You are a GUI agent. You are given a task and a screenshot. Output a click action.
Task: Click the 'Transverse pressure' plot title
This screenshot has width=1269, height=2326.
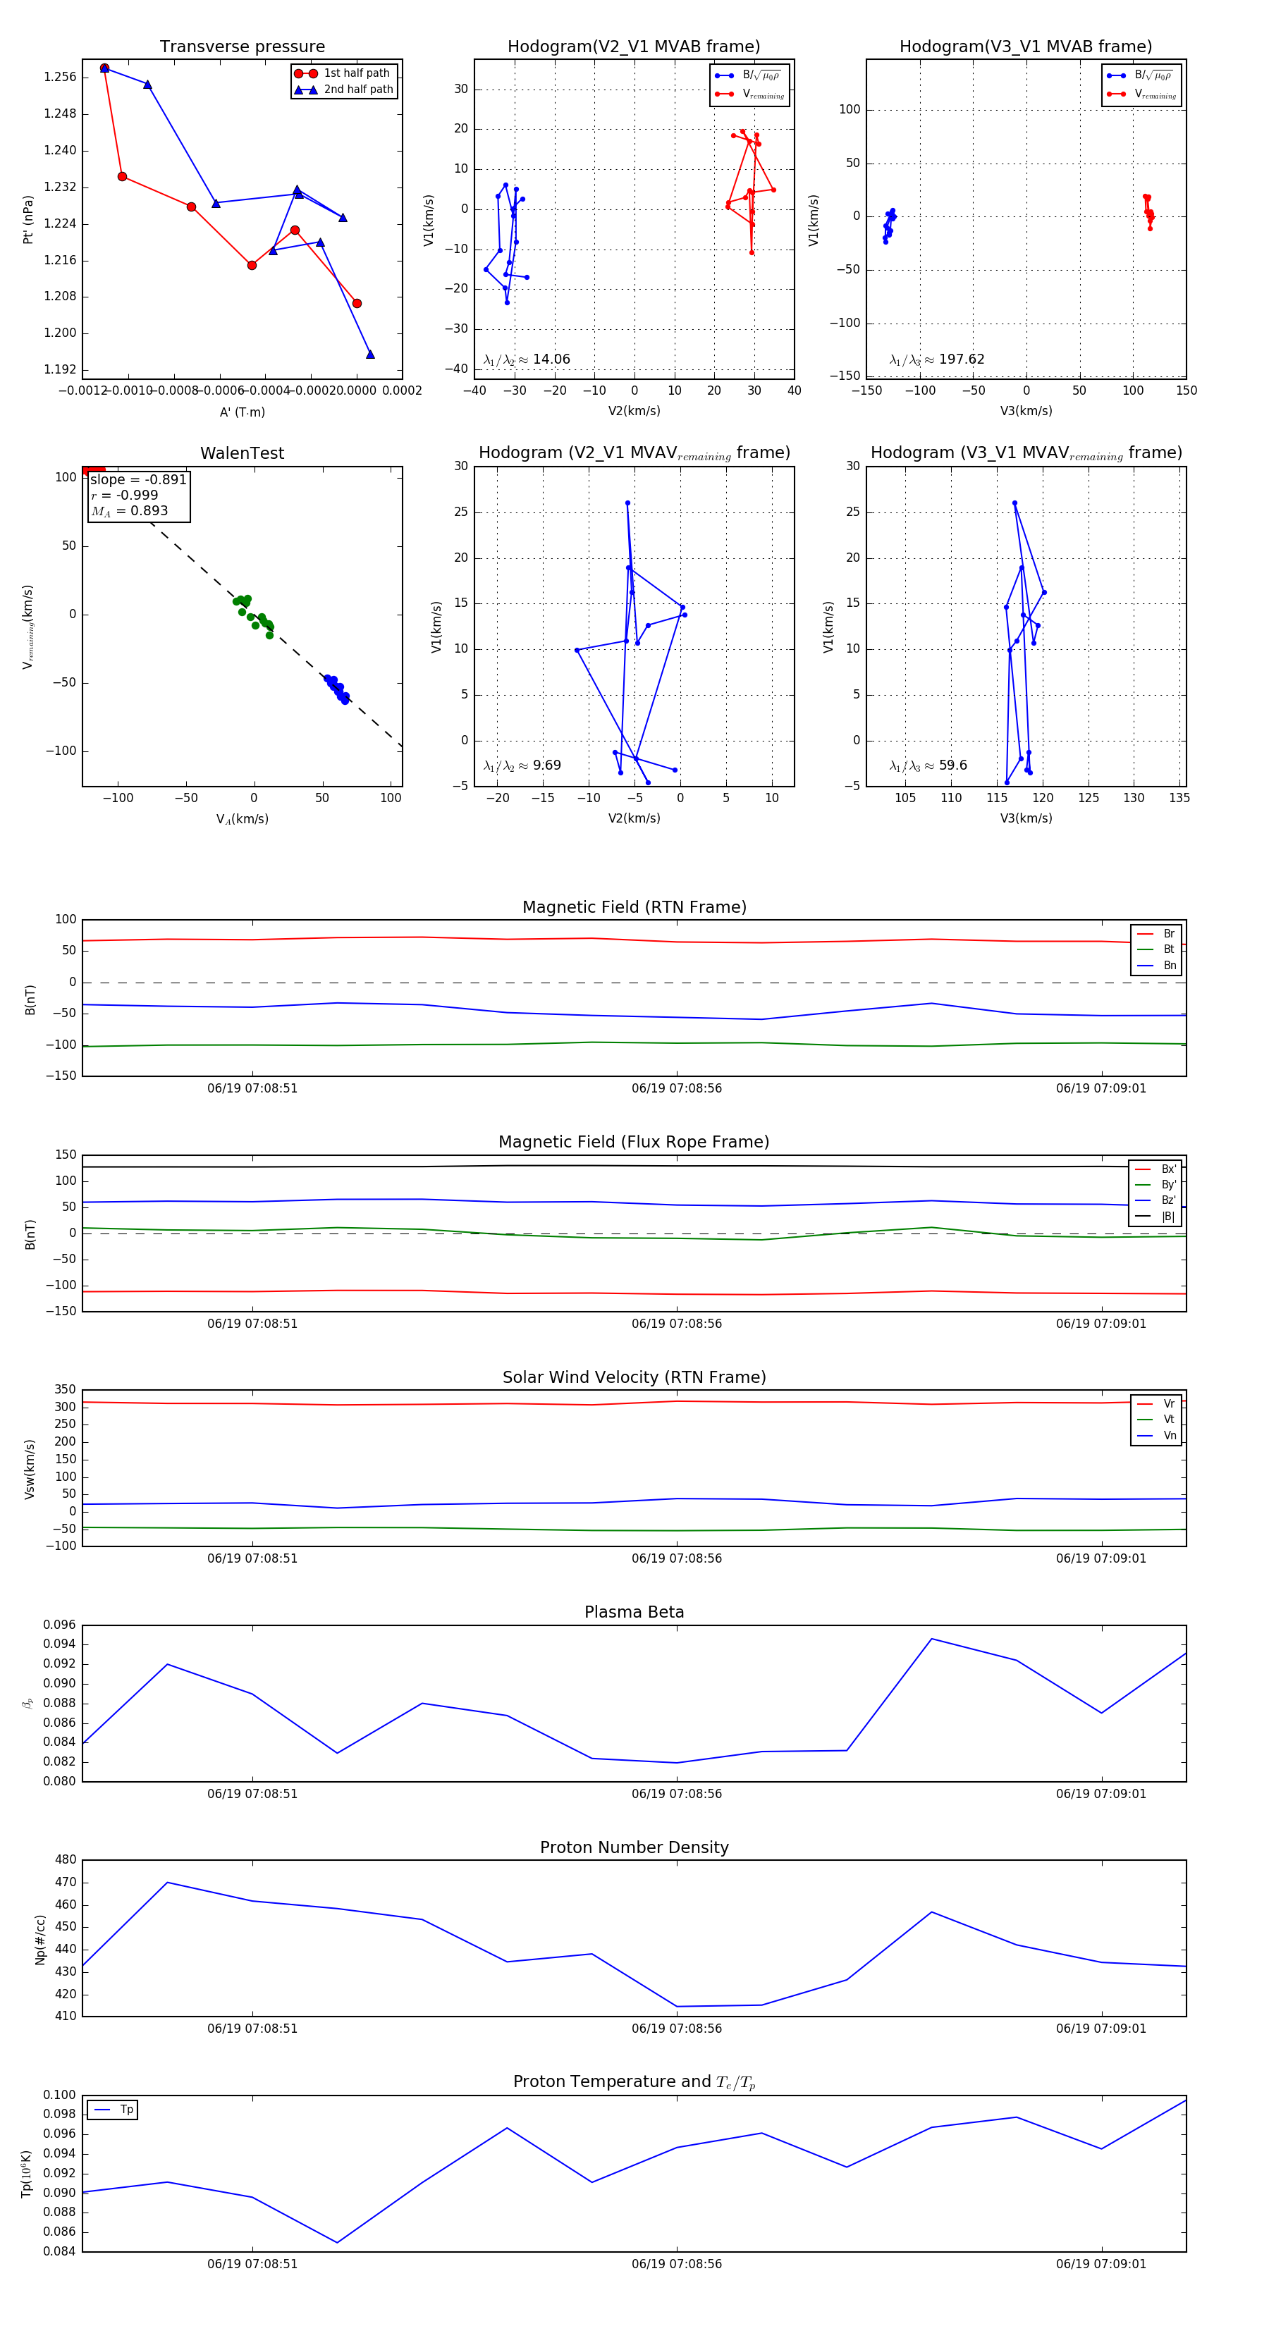pos(242,47)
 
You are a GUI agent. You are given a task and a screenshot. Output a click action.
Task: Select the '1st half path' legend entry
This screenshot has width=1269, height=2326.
pos(356,73)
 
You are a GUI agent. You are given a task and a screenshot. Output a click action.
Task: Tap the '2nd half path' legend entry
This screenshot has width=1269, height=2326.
pos(357,90)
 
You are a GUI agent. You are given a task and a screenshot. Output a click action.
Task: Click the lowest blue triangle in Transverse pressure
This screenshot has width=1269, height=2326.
pos(370,354)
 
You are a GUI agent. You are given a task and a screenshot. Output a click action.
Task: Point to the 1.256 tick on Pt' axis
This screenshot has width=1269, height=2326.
pos(61,78)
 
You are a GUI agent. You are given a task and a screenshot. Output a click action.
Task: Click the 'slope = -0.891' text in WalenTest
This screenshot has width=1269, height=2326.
pos(138,479)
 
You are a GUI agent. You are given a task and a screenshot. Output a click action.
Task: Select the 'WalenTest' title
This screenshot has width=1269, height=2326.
pos(242,453)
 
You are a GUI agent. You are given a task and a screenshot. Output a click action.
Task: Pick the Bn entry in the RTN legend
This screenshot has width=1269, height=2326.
pos(1169,965)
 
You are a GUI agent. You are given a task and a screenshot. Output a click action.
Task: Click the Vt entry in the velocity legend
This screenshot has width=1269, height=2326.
pos(1169,1420)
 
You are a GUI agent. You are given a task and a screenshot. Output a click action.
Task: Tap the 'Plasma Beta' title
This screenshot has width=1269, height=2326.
pos(634,1612)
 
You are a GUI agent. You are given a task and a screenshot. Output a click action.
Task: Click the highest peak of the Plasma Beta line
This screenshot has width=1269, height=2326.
pos(931,1639)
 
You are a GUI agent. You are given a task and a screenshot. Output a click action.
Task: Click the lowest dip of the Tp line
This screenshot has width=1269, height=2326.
pos(338,2242)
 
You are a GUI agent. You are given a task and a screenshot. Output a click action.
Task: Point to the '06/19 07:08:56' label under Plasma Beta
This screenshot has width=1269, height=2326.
pos(677,1793)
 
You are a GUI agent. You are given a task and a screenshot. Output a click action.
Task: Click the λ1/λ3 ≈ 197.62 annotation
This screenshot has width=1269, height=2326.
pos(937,359)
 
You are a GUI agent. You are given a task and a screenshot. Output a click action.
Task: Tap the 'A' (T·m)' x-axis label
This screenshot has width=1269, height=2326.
pos(242,412)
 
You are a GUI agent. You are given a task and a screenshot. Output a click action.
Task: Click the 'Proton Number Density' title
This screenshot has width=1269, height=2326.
pos(634,1847)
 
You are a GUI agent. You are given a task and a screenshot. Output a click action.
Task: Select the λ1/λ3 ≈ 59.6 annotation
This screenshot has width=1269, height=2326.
pos(928,765)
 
